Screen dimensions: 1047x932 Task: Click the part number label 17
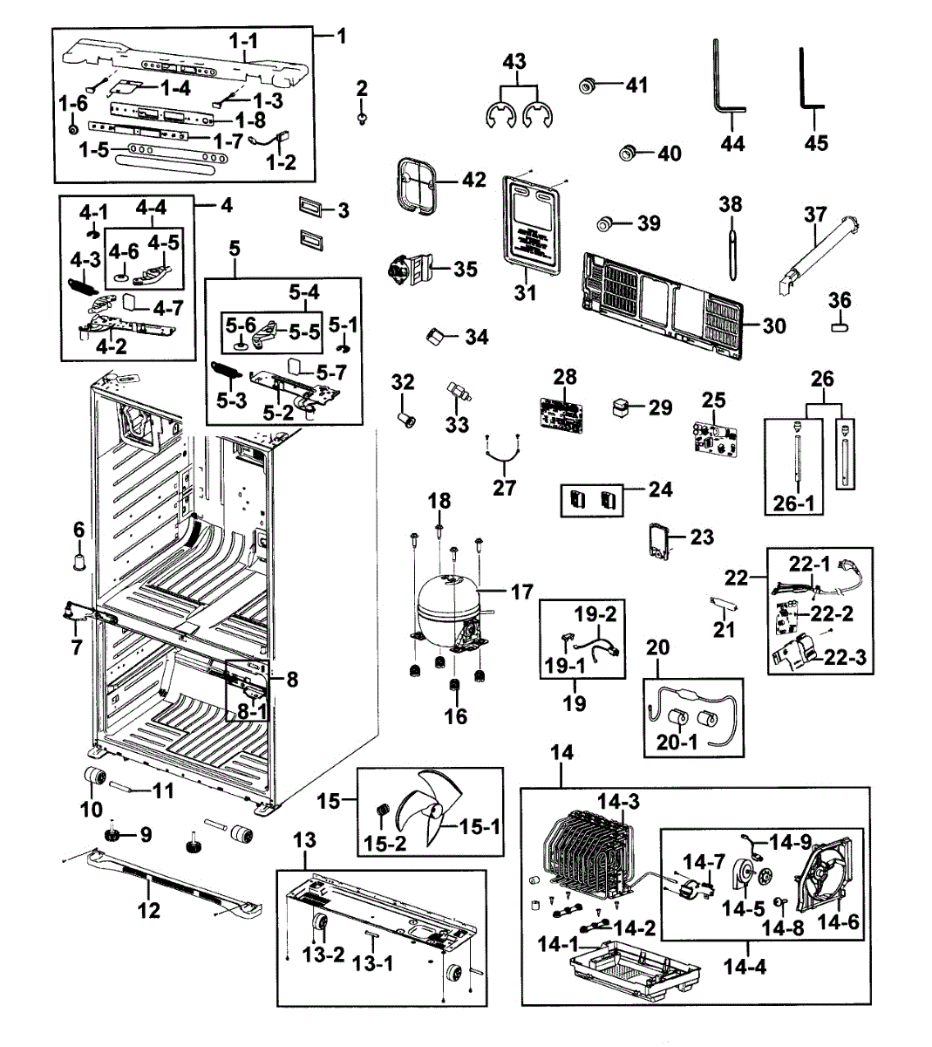pyautogui.click(x=521, y=592)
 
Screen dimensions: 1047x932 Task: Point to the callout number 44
pyautogui.click(x=732, y=143)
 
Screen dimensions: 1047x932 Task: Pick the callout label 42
pyautogui.click(x=473, y=181)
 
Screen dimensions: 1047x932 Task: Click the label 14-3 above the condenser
pyautogui.click(x=618, y=801)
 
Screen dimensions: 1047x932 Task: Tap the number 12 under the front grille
pyautogui.click(x=149, y=910)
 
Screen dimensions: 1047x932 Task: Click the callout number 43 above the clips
pyautogui.click(x=515, y=62)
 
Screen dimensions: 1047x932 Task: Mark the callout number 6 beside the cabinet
pyautogui.click(x=79, y=529)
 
